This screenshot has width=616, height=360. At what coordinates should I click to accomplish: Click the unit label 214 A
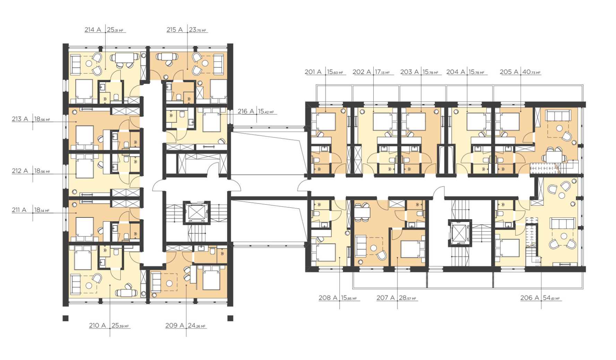93,30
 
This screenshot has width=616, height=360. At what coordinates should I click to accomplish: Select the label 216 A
246,111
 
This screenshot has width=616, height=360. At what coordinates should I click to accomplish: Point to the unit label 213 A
20,119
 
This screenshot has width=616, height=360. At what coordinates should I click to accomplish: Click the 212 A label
20,171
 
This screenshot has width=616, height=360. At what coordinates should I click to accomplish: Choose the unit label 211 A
19,210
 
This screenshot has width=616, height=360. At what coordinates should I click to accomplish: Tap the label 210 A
97,326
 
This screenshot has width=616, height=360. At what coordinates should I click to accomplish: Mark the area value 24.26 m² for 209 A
197,326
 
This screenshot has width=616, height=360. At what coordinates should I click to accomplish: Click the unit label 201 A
313,72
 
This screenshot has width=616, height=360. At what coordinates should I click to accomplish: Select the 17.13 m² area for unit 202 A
382,72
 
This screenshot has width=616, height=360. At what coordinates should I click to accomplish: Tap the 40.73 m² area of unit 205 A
531,72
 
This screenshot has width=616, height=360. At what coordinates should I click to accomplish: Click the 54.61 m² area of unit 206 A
552,298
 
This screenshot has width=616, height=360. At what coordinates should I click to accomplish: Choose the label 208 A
328,298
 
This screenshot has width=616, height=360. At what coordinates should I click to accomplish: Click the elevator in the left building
197,212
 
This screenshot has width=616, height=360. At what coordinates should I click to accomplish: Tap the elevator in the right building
460,232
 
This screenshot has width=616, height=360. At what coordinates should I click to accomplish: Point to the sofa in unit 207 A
361,246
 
